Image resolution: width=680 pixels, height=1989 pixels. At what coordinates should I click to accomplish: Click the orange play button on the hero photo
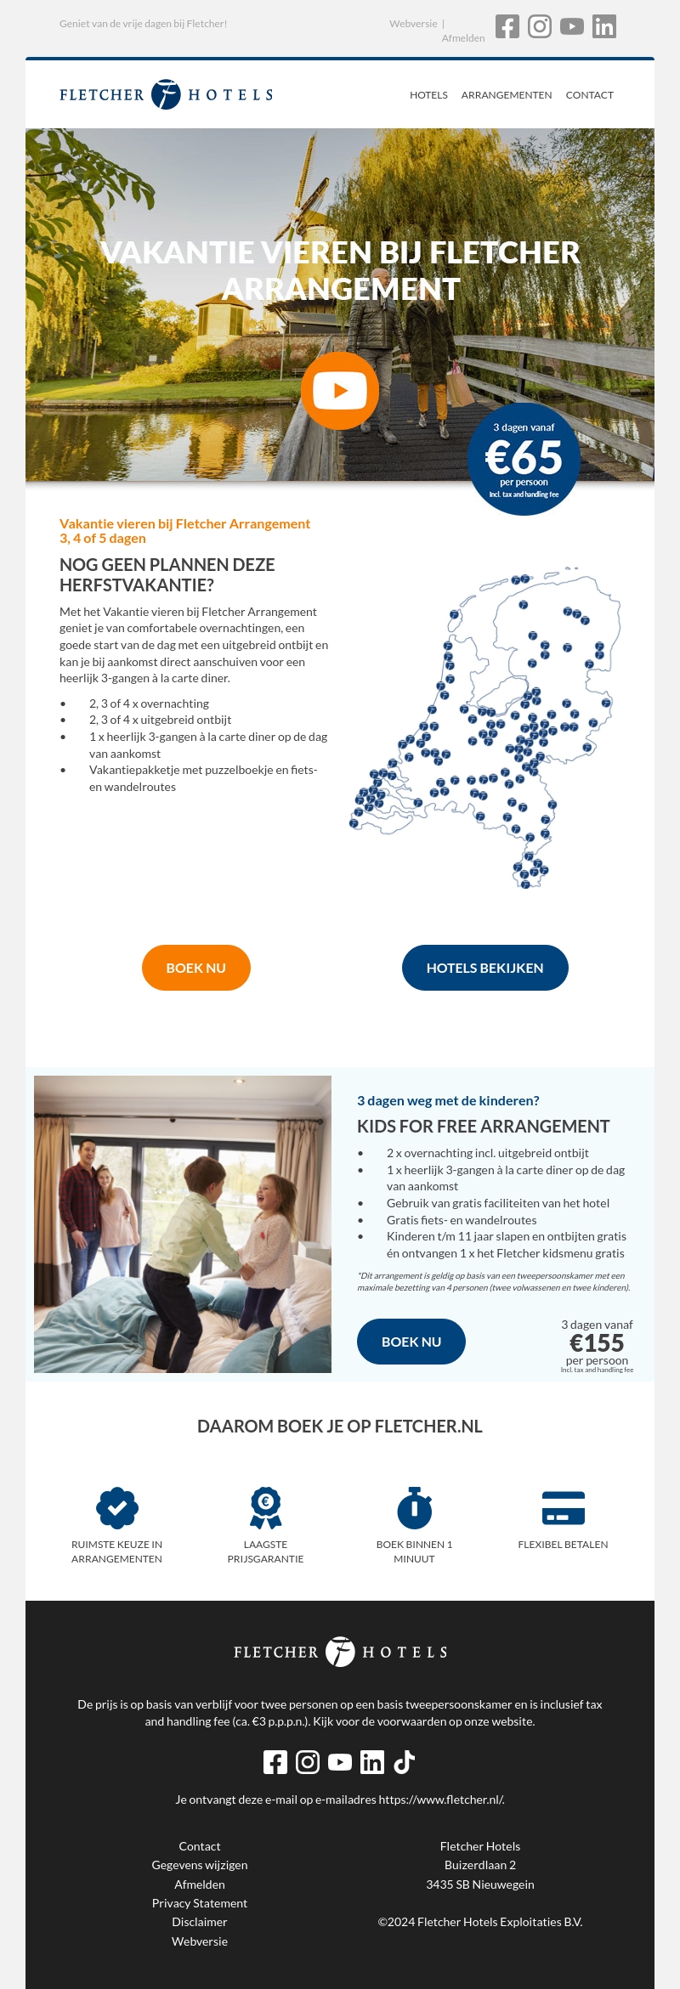click(340, 391)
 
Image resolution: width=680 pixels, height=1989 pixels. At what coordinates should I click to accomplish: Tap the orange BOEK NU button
click(196, 968)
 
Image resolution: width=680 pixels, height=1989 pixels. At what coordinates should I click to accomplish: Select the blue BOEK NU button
click(411, 1342)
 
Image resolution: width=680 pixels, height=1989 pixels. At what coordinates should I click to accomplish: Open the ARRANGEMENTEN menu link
click(507, 95)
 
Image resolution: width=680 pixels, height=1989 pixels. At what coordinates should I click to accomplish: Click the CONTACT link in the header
click(590, 95)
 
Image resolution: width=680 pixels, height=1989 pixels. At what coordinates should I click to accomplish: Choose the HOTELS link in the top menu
click(428, 95)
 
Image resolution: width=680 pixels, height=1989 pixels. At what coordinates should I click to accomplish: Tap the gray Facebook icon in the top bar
click(507, 26)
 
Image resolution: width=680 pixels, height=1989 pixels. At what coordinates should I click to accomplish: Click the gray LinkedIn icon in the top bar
click(604, 26)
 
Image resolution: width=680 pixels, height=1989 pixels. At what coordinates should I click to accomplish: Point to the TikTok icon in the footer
click(405, 1762)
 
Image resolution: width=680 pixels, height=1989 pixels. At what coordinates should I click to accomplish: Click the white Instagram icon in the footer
click(308, 1762)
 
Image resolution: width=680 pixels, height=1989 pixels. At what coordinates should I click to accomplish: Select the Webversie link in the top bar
click(413, 24)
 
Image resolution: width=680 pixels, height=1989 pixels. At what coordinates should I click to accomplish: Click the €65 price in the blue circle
click(524, 458)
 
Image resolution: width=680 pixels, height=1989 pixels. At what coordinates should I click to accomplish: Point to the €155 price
click(597, 1343)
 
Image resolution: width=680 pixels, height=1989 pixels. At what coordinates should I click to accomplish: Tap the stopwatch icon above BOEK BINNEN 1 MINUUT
click(415, 1508)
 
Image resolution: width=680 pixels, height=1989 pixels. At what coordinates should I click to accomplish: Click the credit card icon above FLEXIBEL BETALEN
click(564, 1508)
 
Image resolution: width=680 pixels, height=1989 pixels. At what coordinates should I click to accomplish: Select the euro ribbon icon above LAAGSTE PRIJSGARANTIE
click(266, 1508)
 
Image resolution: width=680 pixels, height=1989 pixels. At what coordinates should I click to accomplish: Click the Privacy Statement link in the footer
click(200, 1903)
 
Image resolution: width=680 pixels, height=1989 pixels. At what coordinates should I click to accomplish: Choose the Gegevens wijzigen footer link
click(200, 1865)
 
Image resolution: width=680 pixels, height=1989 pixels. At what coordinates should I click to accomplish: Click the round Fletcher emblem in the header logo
click(167, 94)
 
